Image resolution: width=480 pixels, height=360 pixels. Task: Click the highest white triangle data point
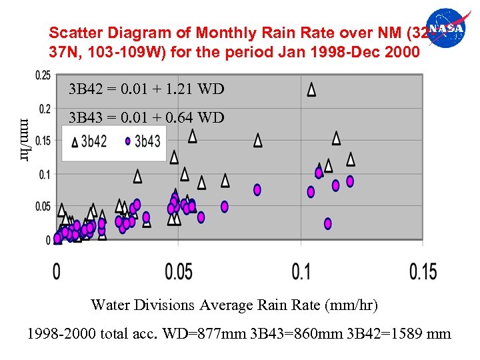coord(311,89)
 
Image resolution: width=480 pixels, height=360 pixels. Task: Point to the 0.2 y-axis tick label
coord(45,108)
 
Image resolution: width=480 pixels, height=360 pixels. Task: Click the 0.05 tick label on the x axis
coord(178,272)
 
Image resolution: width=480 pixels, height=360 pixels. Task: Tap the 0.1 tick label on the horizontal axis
coord(301,272)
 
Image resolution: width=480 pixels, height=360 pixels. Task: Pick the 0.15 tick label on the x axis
coord(423,272)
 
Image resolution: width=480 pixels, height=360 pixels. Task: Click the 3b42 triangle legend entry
coord(89,141)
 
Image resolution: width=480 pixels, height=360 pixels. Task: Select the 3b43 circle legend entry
coord(142,141)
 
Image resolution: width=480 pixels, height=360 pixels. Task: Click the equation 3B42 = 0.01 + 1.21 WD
coord(147,89)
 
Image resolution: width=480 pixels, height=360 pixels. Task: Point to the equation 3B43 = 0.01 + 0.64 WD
coord(147,118)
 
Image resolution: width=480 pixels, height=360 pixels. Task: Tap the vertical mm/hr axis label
coord(25,139)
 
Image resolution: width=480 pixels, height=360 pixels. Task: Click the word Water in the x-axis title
coord(110,305)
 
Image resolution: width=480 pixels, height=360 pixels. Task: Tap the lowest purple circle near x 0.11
coord(328,223)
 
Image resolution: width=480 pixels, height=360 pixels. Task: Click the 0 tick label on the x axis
coord(57,272)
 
